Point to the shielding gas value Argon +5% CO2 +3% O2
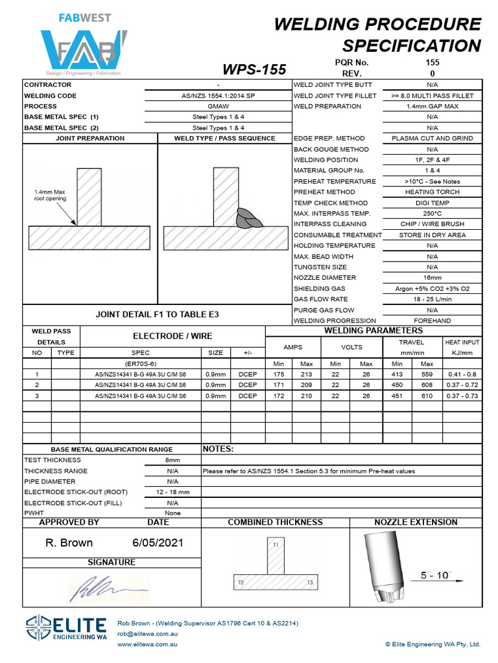coord(433,289)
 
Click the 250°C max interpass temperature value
coord(433,214)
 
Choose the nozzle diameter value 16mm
coord(433,278)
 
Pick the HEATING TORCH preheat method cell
coord(433,192)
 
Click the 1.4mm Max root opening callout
coord(50,196)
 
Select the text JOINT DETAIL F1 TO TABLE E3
coord(158,314)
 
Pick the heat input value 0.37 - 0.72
coord(462,385)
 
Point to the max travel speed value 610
coord(427,396)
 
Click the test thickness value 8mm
coord(172,460)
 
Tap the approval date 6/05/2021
coord(158,543)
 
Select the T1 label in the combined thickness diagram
coord(276,545)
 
